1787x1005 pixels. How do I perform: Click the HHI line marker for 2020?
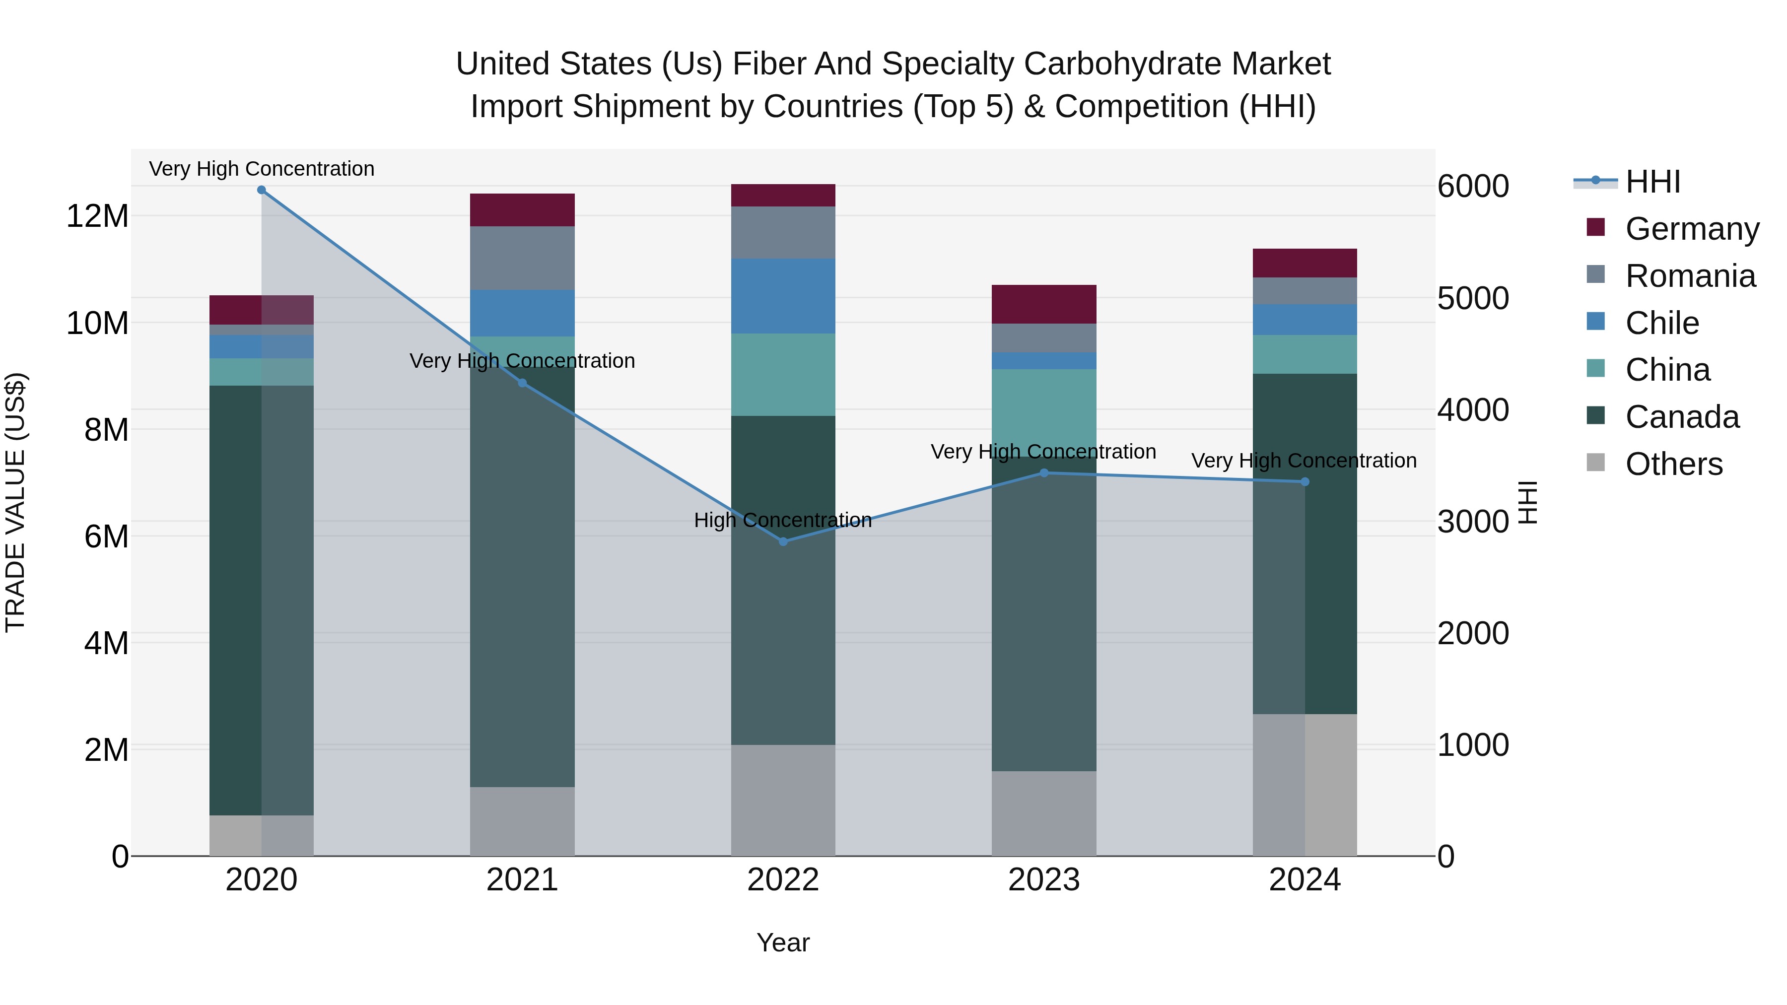click(x=262, y=190)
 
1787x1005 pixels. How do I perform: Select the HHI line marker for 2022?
click(x=783, y=541)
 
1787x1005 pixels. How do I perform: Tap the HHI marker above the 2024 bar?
click(x=1305, y=482)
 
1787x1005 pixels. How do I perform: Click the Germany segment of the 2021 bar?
click(x=522, y=210)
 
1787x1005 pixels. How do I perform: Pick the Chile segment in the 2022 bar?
click(x=783, y=296)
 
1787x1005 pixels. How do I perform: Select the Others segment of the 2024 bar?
click(x=1305, y=785)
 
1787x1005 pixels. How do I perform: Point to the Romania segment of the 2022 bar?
click(x=783, y=232)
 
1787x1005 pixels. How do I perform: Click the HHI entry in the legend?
click(x=1652, y=182)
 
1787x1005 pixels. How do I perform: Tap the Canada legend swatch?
click(x=1595, y=416)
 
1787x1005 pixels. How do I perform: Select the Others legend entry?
click(x=1673, y=464)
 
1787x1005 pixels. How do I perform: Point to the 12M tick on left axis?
click(x=97, y=216)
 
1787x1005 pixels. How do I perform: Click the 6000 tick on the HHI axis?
click(x=1473, y=186)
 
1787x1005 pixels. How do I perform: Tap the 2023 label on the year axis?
click(x=1044, y=880)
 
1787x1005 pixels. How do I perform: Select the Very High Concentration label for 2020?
click(x=262, y=169)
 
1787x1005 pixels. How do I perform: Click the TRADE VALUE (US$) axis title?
click(x=15, y=502)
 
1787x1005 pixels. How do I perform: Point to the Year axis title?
click(x=783, y=942)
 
